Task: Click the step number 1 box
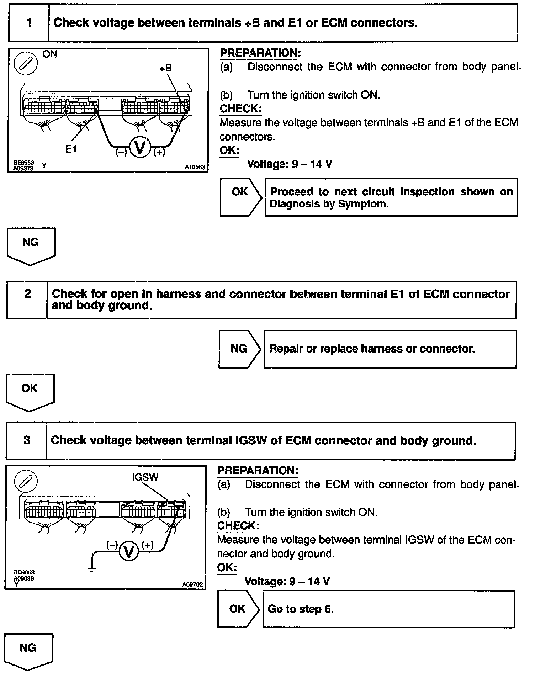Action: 29,23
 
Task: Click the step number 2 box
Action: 27,300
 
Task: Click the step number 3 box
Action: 27,440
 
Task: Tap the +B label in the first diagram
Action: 165,68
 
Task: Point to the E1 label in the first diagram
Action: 71,149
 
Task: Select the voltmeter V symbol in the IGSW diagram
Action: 129,552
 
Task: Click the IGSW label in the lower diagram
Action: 145,477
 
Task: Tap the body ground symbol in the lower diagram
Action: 92,570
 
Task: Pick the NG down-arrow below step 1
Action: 31,246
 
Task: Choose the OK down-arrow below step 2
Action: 30,392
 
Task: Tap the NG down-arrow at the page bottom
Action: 29,652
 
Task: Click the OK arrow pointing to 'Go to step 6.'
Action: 238,609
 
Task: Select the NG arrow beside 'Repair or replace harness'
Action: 240,349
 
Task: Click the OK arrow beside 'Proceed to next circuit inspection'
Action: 241,197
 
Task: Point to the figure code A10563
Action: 195,167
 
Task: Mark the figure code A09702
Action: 192,584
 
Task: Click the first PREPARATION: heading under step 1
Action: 260,53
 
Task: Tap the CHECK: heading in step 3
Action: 238,526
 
